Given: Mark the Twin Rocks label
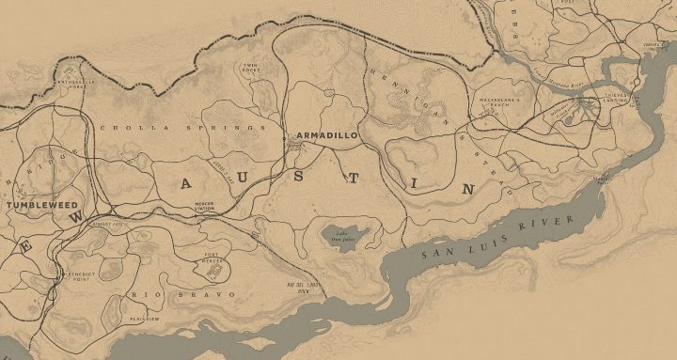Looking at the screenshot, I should (x=251, y=68).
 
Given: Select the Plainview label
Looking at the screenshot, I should (x=144, y=319).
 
